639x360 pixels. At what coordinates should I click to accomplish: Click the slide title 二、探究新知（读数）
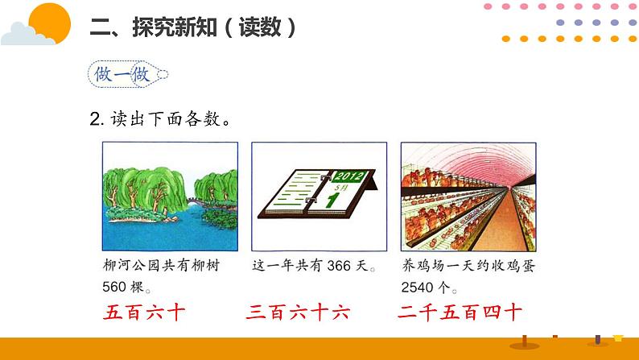193,27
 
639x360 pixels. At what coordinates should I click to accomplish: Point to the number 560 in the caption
117,288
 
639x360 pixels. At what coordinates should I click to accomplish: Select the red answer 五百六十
146,313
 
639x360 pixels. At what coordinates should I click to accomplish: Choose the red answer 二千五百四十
460,313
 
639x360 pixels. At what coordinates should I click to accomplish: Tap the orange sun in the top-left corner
49,20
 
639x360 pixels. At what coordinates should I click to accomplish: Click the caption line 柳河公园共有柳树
161,266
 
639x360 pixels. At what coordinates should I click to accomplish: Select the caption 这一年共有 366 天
313,266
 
